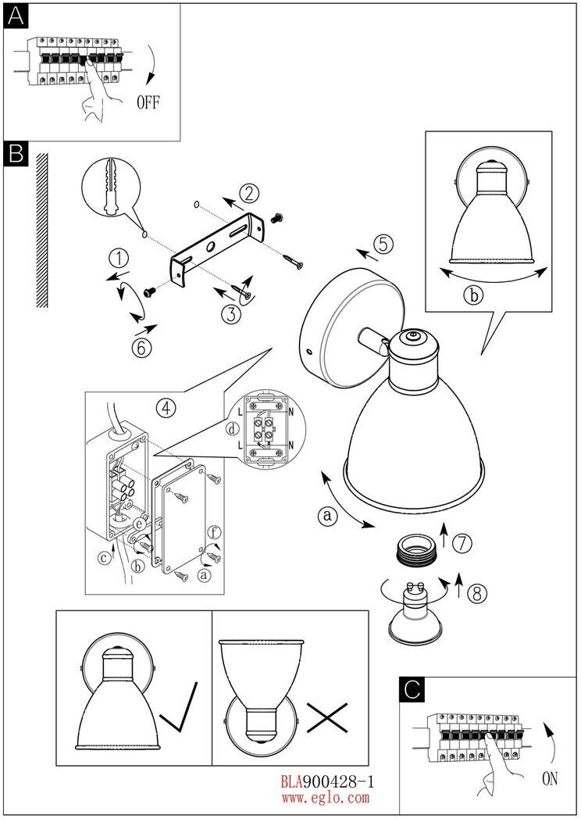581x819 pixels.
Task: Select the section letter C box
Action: [412, 690]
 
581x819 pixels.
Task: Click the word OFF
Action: [148, 102]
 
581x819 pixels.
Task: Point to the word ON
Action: [550, 778]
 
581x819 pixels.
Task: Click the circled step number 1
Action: [118, 259]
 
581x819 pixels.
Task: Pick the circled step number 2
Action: [248, 193]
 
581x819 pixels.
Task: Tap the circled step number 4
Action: [164, 406]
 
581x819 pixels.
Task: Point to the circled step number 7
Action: [462, 542]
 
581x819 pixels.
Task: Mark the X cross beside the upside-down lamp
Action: [326, 717]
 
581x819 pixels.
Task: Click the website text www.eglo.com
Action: [325, 798]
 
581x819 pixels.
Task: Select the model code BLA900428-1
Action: [328, 781]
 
